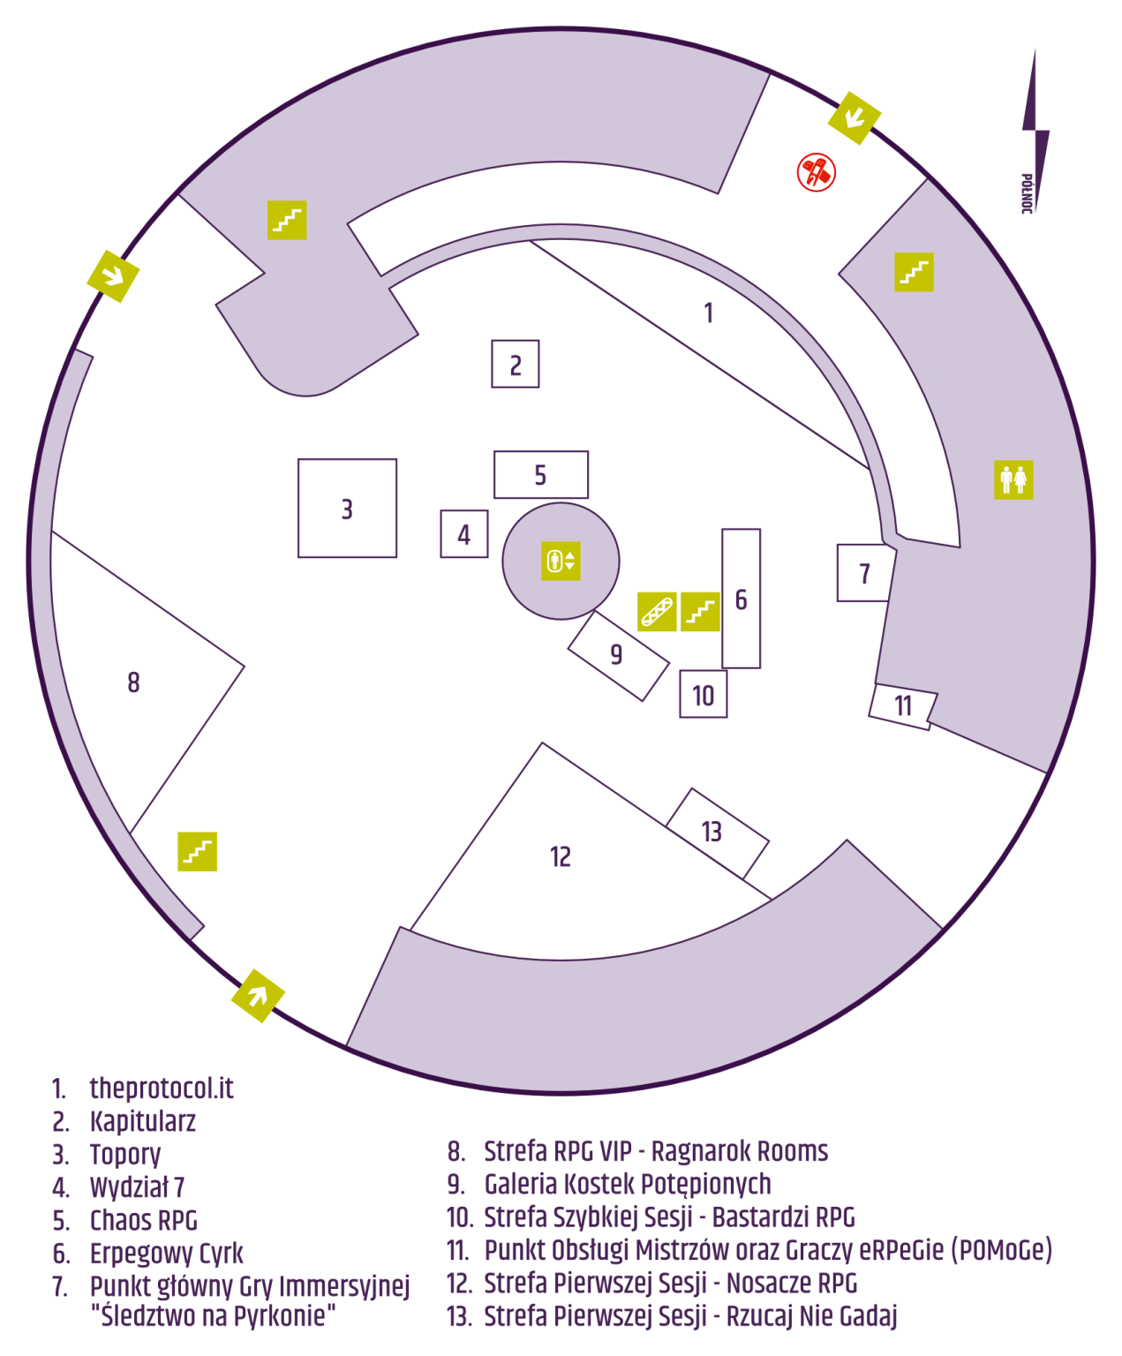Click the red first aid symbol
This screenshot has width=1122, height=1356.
[x=816, y=172]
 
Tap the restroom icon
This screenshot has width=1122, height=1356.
[x=1013, y=480]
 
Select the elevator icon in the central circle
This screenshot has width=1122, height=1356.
[x=561, y=561]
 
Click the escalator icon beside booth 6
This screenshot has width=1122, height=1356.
[x=657, y=611]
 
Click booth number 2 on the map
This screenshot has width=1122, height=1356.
[x=516, y=364]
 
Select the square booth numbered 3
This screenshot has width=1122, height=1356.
[x=347, y=508]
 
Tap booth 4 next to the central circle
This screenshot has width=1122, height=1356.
[x=464, y=534]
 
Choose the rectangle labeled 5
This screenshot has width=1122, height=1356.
[x=540, y=475]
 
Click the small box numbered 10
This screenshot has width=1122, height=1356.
[x=704, y=695]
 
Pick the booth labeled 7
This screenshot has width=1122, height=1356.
[x=863, y=574]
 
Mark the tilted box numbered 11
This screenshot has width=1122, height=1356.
[x=902, y=706]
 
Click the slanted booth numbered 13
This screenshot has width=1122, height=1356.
[x=715, y=832]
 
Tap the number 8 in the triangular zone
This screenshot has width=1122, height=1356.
[x=133, y=682]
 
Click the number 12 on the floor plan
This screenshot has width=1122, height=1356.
[x=560, y=857]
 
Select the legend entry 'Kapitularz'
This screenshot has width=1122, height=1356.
[x=143, y=1122]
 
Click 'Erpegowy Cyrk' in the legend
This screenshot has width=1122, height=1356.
[x=167, y=1254]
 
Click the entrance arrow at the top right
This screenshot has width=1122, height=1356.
[x=854, y=117]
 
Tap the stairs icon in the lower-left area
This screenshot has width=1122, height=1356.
[x=197, y=851]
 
